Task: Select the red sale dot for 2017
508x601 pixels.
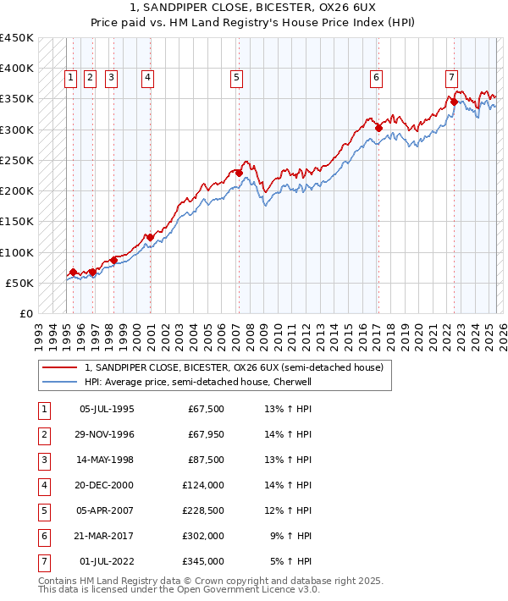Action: (x=378, y=128)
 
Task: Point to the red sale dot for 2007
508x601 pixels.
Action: (x=239, y=173)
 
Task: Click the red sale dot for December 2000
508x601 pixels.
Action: (x=150, y=237)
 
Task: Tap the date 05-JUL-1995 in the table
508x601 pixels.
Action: (x=106, y=410)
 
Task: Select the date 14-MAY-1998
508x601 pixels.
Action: (x=107, y=460)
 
